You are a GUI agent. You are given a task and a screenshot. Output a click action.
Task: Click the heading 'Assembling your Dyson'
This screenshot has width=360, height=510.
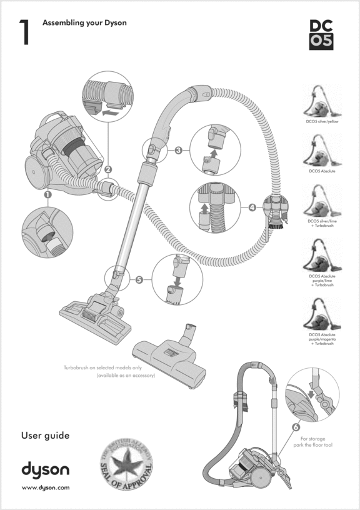point(84,23)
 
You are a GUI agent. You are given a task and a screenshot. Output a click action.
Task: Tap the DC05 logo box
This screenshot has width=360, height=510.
point(322,34)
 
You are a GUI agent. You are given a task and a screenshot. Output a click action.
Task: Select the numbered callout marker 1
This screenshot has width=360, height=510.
point(47,196)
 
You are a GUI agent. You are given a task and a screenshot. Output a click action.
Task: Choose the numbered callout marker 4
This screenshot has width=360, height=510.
point(252,207)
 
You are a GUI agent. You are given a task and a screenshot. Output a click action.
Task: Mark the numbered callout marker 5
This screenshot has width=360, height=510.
point(139,279)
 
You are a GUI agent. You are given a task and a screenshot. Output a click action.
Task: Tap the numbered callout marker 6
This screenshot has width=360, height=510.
point(295,427)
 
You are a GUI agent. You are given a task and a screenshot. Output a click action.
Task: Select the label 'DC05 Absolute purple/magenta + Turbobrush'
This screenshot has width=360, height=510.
point(322,339)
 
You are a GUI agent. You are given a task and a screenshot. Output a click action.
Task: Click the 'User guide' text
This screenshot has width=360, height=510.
point(45,435)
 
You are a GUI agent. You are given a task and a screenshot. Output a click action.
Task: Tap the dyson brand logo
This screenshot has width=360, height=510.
point(46,469)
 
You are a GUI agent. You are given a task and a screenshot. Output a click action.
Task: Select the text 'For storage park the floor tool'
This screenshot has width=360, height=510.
point(313,443)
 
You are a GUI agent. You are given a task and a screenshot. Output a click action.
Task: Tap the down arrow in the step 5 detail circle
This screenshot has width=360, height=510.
point(177,280)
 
